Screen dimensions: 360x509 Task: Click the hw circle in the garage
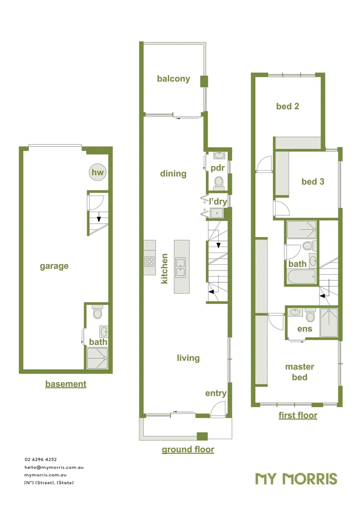coord(98,172)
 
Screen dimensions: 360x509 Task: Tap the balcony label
coord(173,79)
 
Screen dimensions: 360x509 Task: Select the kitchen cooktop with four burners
coord(149,261)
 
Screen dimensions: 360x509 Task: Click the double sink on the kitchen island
coord(180,268)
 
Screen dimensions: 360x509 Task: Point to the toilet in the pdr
coord(219,183)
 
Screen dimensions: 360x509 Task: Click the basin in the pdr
coord(220,155)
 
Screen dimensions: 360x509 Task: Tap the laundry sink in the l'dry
coord(217,213)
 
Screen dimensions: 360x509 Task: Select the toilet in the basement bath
coord(98,312)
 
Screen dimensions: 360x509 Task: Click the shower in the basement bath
coord(98,358)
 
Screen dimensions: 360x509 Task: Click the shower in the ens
coord(329,323)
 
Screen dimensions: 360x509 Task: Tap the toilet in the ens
coord(311,314)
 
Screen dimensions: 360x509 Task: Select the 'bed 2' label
coord(287,106)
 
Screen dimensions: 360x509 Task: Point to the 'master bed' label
coord(300,372)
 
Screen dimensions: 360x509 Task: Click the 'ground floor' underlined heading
coord(188,450)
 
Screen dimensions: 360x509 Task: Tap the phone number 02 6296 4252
coord(41,460)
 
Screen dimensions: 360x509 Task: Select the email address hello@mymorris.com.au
coord(54,468)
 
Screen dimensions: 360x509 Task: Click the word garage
coord(54,266)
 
